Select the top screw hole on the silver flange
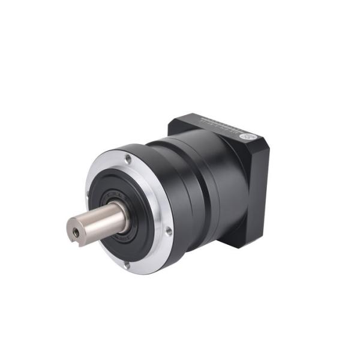128,159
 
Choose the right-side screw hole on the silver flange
169,230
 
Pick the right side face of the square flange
258,192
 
